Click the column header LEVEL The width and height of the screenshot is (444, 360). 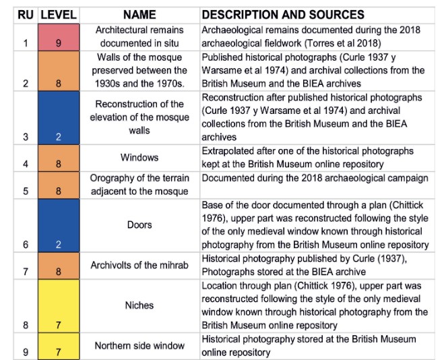(x=58, y=14)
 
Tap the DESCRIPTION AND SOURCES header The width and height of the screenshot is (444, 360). (x=282, y=14)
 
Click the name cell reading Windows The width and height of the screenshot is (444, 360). (x=139, y=158)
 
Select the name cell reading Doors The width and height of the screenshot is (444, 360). (x=139, y=224)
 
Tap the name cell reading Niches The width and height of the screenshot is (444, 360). (x=139, y=305)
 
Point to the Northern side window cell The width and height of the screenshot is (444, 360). (x=139, y=345)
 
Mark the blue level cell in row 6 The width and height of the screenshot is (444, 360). (x=58, y=225)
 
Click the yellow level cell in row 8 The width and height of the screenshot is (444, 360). (x=58, y=305)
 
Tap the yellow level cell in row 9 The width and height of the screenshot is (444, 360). (x=58, y=345)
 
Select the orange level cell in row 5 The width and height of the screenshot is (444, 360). (x=58, y=185)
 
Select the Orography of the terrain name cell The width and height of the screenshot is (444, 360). (x=139, y=185)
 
